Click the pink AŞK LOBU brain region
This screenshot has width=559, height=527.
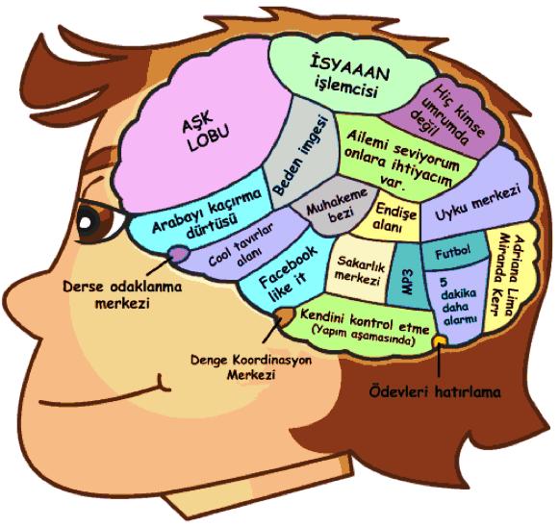click(200, 128)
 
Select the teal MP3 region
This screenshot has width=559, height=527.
click(408, 275)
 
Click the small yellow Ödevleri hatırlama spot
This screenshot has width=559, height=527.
click(440, 340)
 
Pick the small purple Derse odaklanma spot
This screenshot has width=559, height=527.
click(179, 253)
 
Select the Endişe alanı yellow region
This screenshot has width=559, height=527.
click(391, 215)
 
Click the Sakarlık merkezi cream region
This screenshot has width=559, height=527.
click(358, 269)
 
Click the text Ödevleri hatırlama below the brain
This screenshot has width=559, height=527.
click(434, 391)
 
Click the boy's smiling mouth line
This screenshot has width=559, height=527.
click(106, 392)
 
